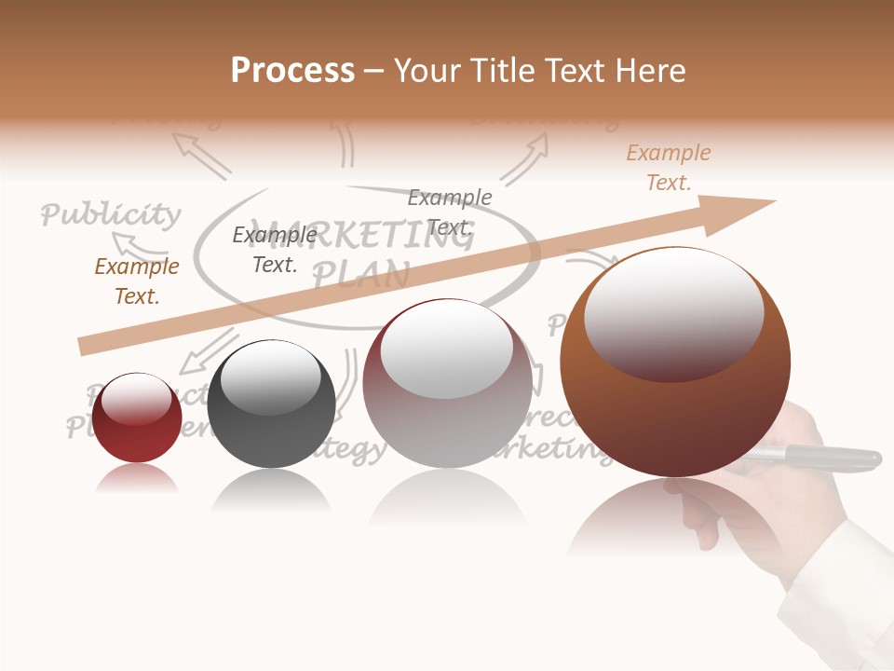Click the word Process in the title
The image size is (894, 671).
(x=292, y=70)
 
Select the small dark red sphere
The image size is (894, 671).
(x=137, y=418)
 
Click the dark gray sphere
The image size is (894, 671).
(x=271, y=404)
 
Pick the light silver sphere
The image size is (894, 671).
(x=448, y=384)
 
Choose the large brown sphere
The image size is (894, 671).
(x=675, y=363)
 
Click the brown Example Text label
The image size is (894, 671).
(x=137, y=281)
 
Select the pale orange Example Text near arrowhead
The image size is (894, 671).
(x=668, y=168)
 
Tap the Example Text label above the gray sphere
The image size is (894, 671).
(x=274, y=250)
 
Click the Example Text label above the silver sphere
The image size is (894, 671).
(x=450, y=212)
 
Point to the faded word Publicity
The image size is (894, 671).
(x=111, y=215)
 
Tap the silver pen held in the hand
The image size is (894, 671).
(x=819, y=457)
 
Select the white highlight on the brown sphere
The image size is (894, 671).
(x=673, y=312)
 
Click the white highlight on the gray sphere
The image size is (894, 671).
(x=271, y=377)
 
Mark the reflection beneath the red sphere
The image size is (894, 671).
(x=137, y=479)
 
